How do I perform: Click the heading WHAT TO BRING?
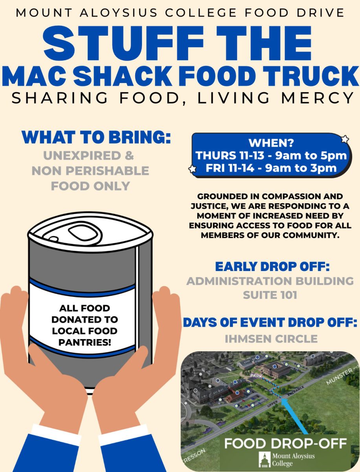coord(97,137)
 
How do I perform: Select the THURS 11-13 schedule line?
coord(271,155)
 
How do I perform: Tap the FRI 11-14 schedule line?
coord(271,168)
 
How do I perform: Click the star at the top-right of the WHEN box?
coord(345,139)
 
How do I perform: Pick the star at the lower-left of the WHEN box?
coord(193,169)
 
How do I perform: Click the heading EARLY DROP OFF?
coord(272,267)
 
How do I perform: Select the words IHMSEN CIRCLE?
coord(271,338)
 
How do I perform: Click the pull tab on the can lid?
coord(84,233)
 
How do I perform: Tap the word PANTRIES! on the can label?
coord(84,342)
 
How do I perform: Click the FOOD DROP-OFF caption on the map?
coord(285,444)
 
